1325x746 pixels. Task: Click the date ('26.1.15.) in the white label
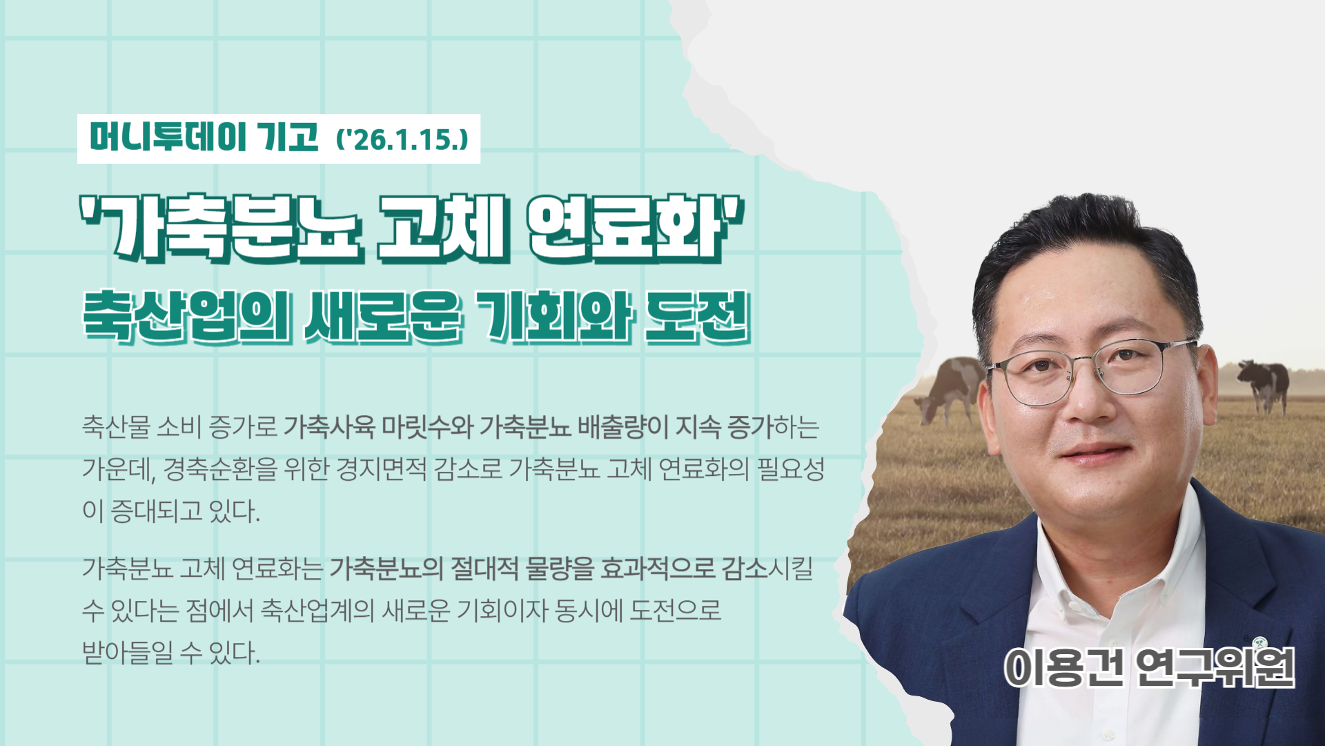(402, 139)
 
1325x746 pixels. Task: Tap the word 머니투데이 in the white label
(168, 137)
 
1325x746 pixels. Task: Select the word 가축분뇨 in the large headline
(221, 229)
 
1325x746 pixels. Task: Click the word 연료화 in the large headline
(635, 229)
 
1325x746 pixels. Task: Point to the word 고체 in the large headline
(444, 229)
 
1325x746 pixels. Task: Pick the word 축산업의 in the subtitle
(187, 316)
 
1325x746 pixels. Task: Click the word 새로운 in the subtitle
(383, 316)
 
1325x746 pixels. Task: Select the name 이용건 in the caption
(1063, 667)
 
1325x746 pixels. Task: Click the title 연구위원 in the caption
(1215, 667)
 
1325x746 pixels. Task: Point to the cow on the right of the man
(1263, 384)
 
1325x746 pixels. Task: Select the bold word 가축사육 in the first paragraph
(329, 427)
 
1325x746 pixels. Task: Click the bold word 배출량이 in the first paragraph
(622, 427)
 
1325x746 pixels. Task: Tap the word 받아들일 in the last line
(128, 652)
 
